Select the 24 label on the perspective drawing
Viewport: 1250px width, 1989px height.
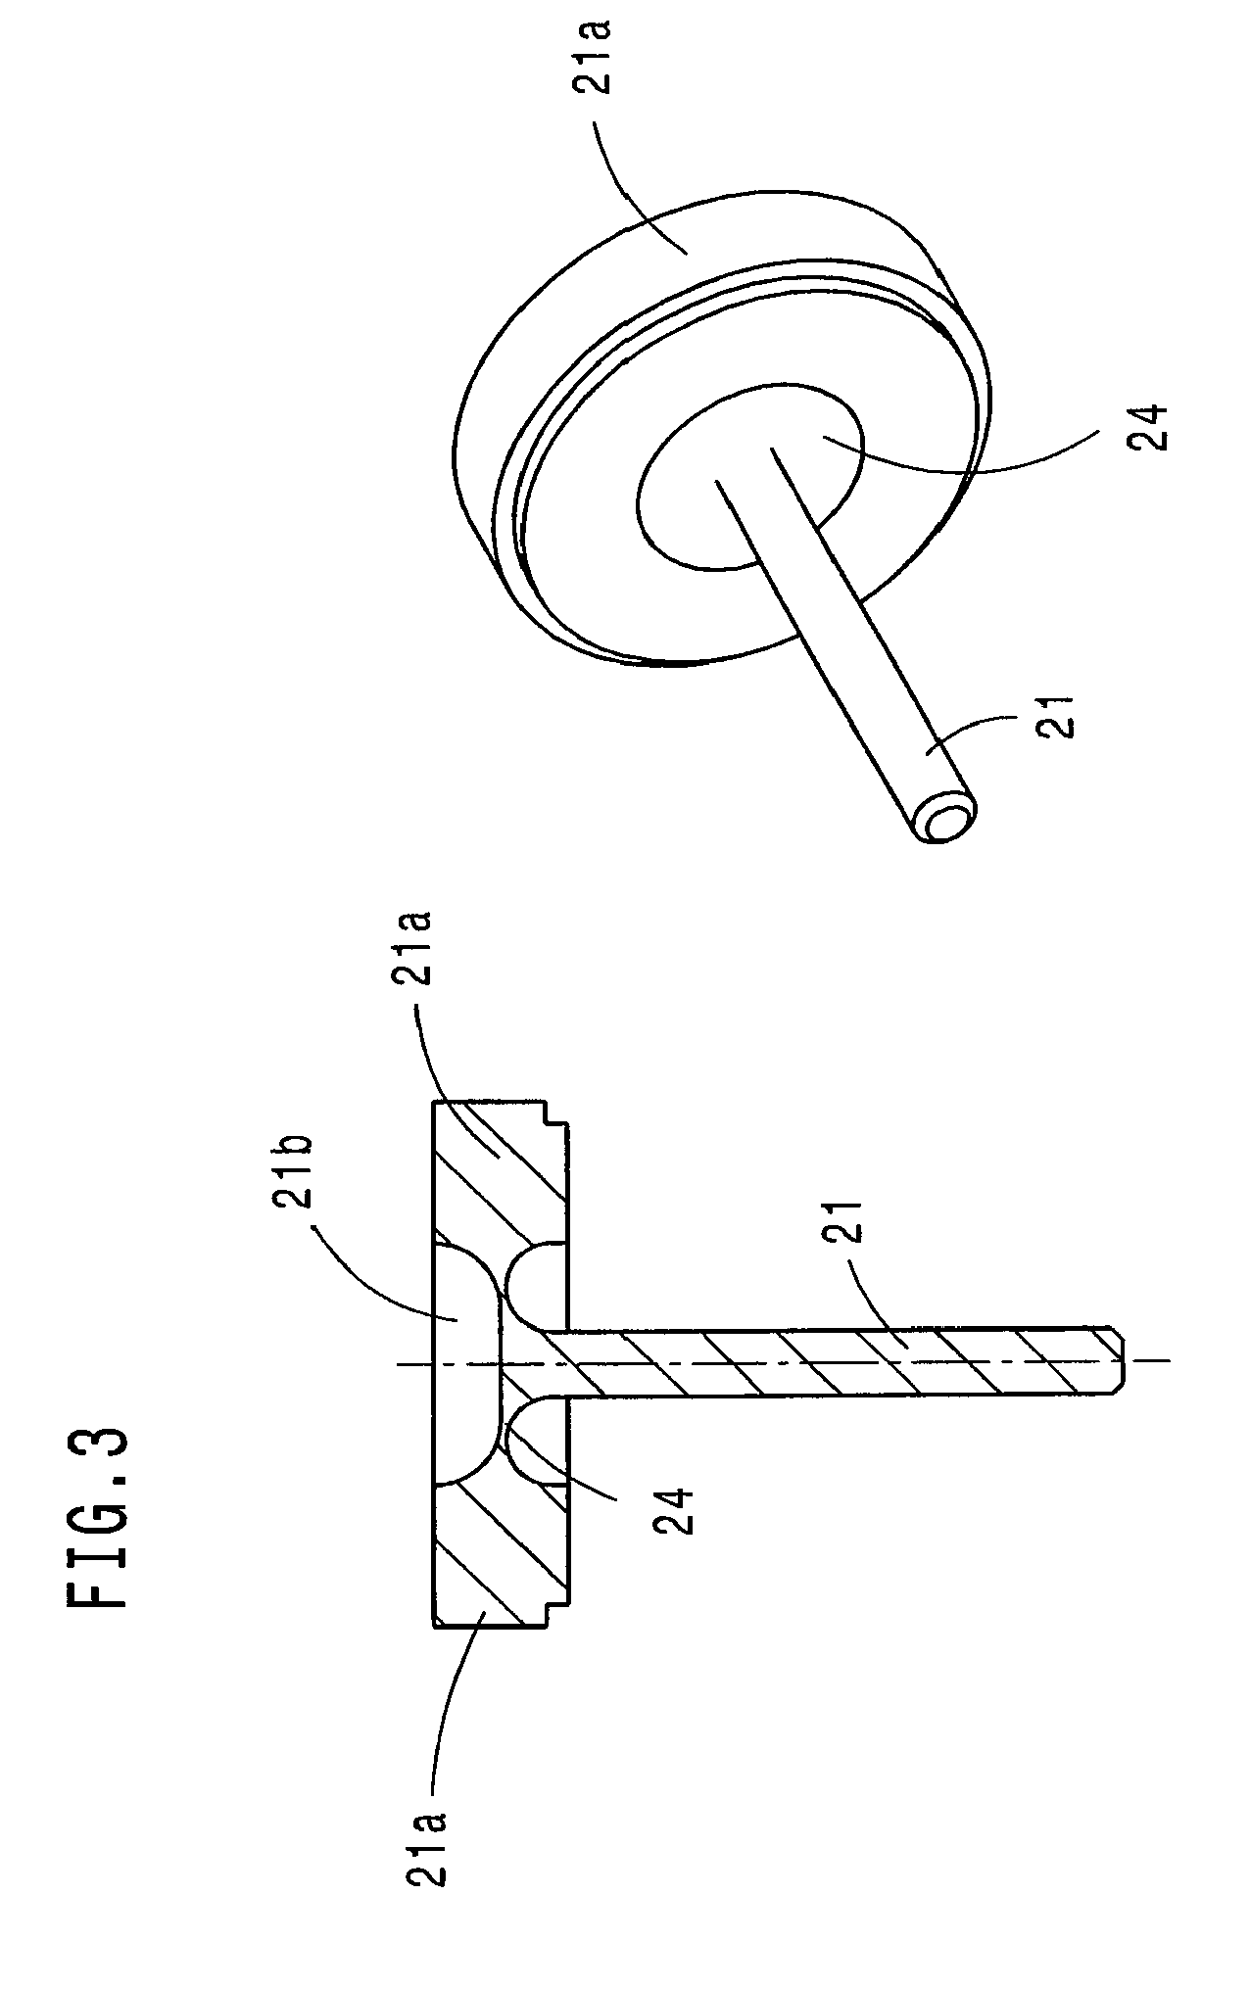click(x=1145, y=426)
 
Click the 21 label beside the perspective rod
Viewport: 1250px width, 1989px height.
click(x=1058, y=716)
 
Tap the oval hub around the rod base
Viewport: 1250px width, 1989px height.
click(x=754, y=470)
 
